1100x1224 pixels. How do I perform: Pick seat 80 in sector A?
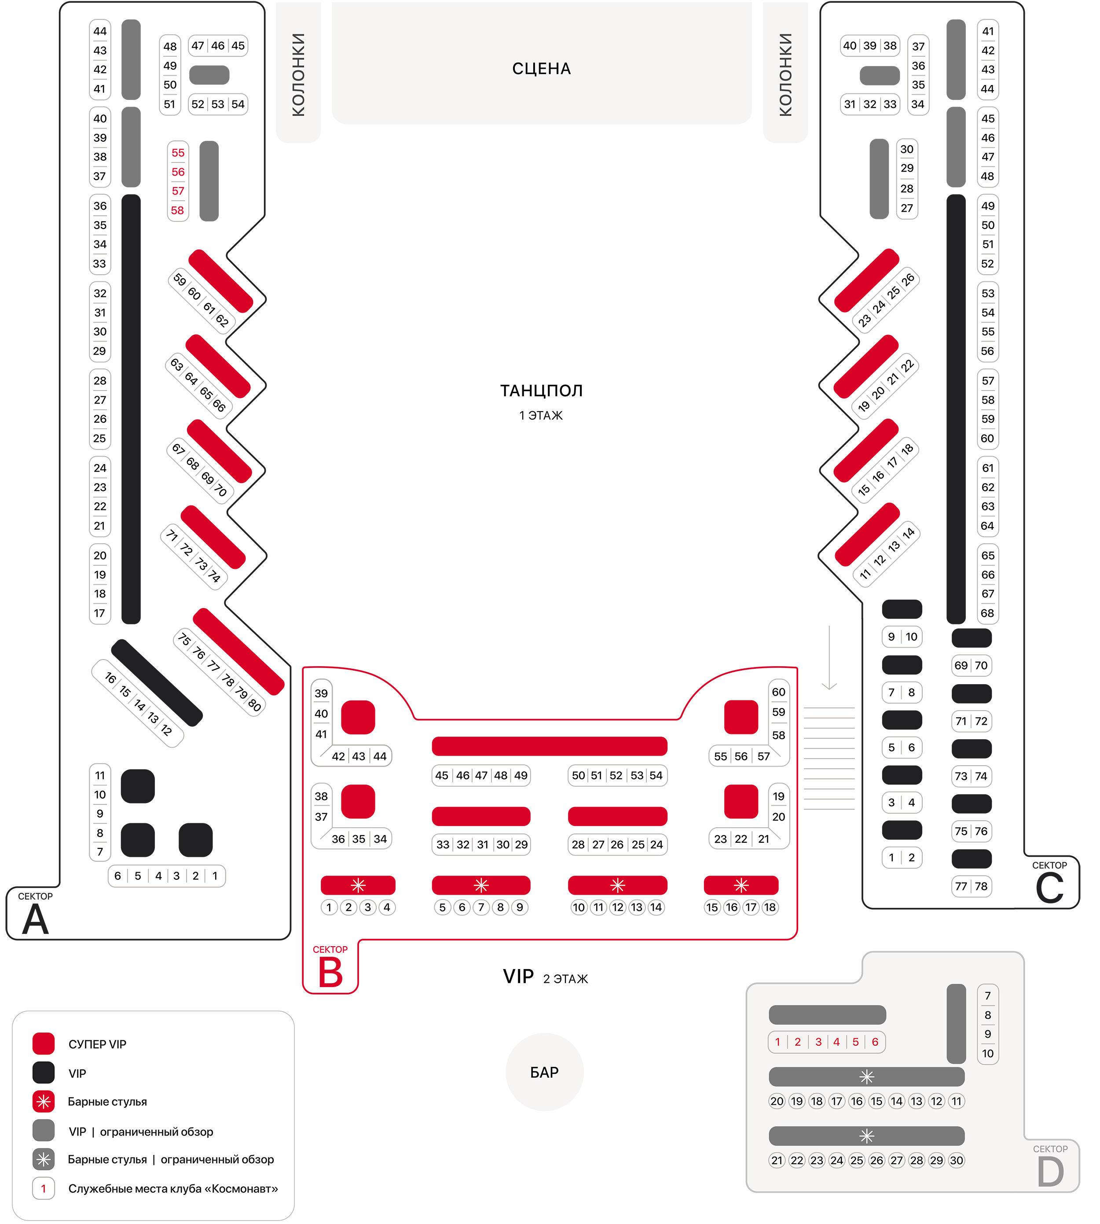coord(254,705)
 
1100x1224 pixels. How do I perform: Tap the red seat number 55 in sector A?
coord(178,153)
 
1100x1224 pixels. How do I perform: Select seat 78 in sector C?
coord(981,887)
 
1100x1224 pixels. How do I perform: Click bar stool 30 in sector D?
coord(956,1161)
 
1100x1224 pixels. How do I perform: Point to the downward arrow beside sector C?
coord(829,657)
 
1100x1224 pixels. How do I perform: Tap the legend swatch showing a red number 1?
coord(44,1188)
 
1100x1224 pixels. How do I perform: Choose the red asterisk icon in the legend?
coord(44,1102)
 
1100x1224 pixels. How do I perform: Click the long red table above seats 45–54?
coord(550,746)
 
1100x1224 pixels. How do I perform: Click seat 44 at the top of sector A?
coord(100,31)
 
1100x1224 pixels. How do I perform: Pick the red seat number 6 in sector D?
coord(875,1042)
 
